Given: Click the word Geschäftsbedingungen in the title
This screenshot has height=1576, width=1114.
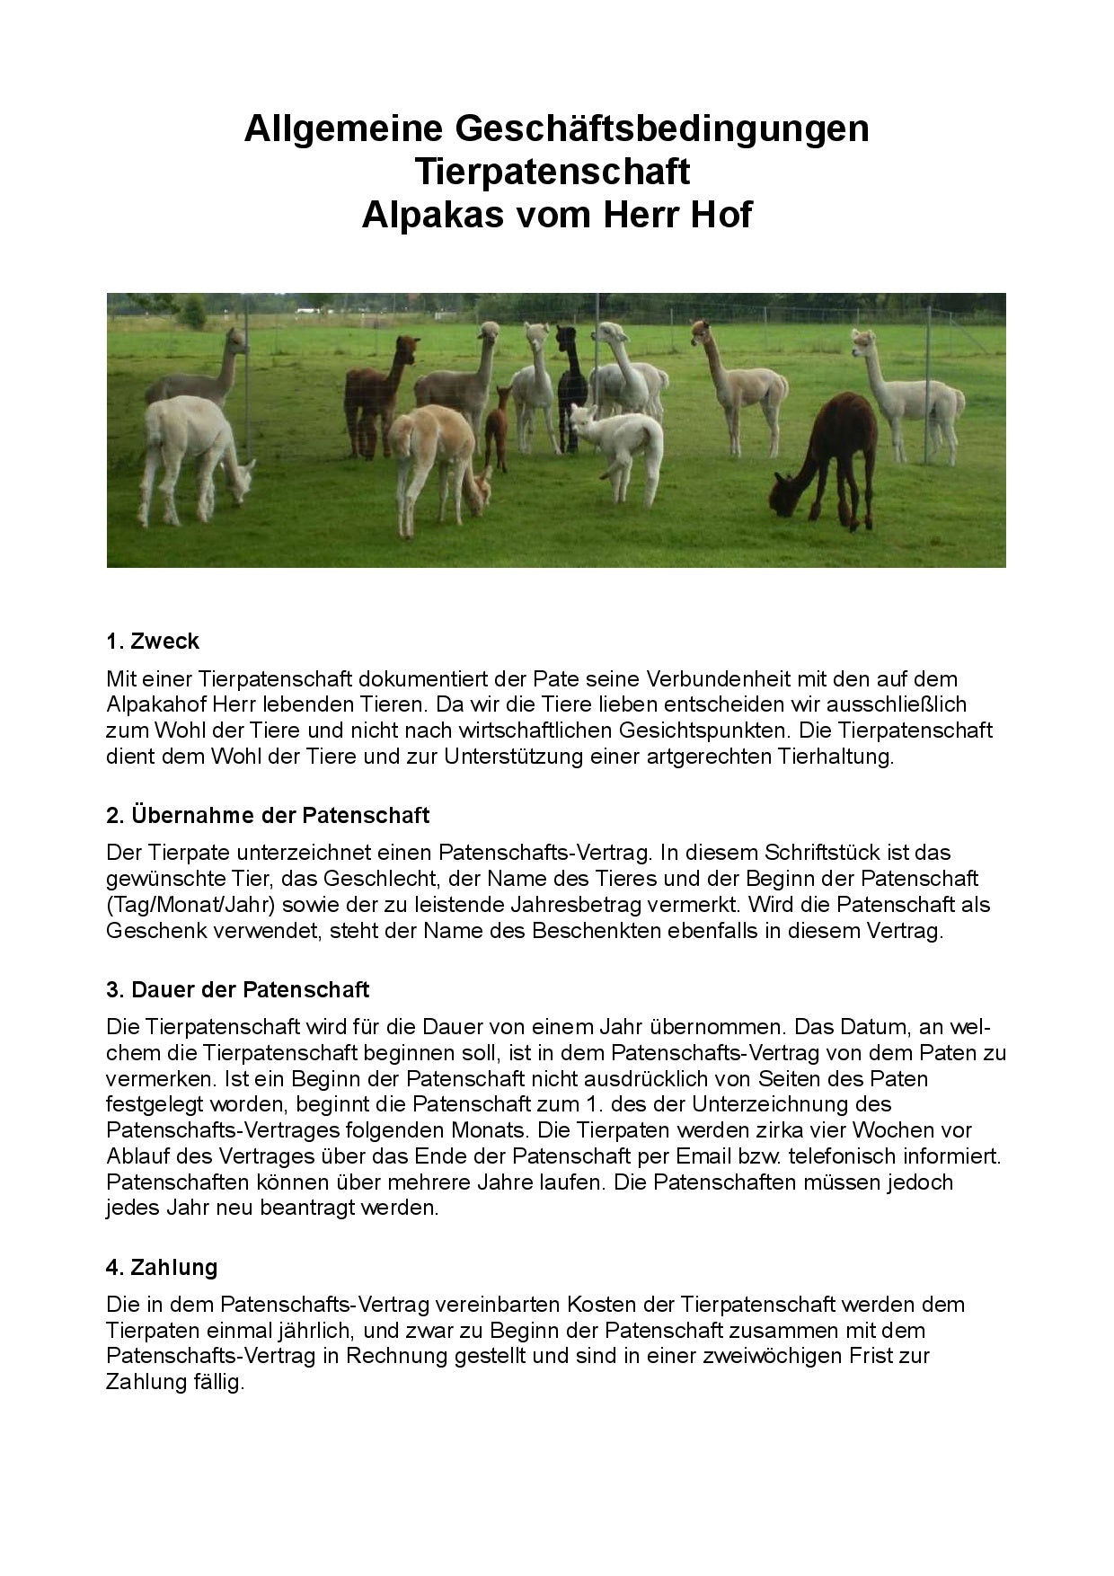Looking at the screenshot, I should pyautogui.click(x=662, y=129).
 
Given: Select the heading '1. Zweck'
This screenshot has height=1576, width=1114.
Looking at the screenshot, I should pyautogui.click(x=153, y=642).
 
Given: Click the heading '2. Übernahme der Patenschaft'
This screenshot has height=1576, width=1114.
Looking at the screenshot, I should pyautogui.click(x=268, y=816).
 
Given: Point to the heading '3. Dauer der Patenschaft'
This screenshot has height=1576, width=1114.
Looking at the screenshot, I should pyautogui.click(x=237, y=990).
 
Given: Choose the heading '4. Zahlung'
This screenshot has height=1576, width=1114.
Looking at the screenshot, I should pyautogui.click(x=162, y=1268).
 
